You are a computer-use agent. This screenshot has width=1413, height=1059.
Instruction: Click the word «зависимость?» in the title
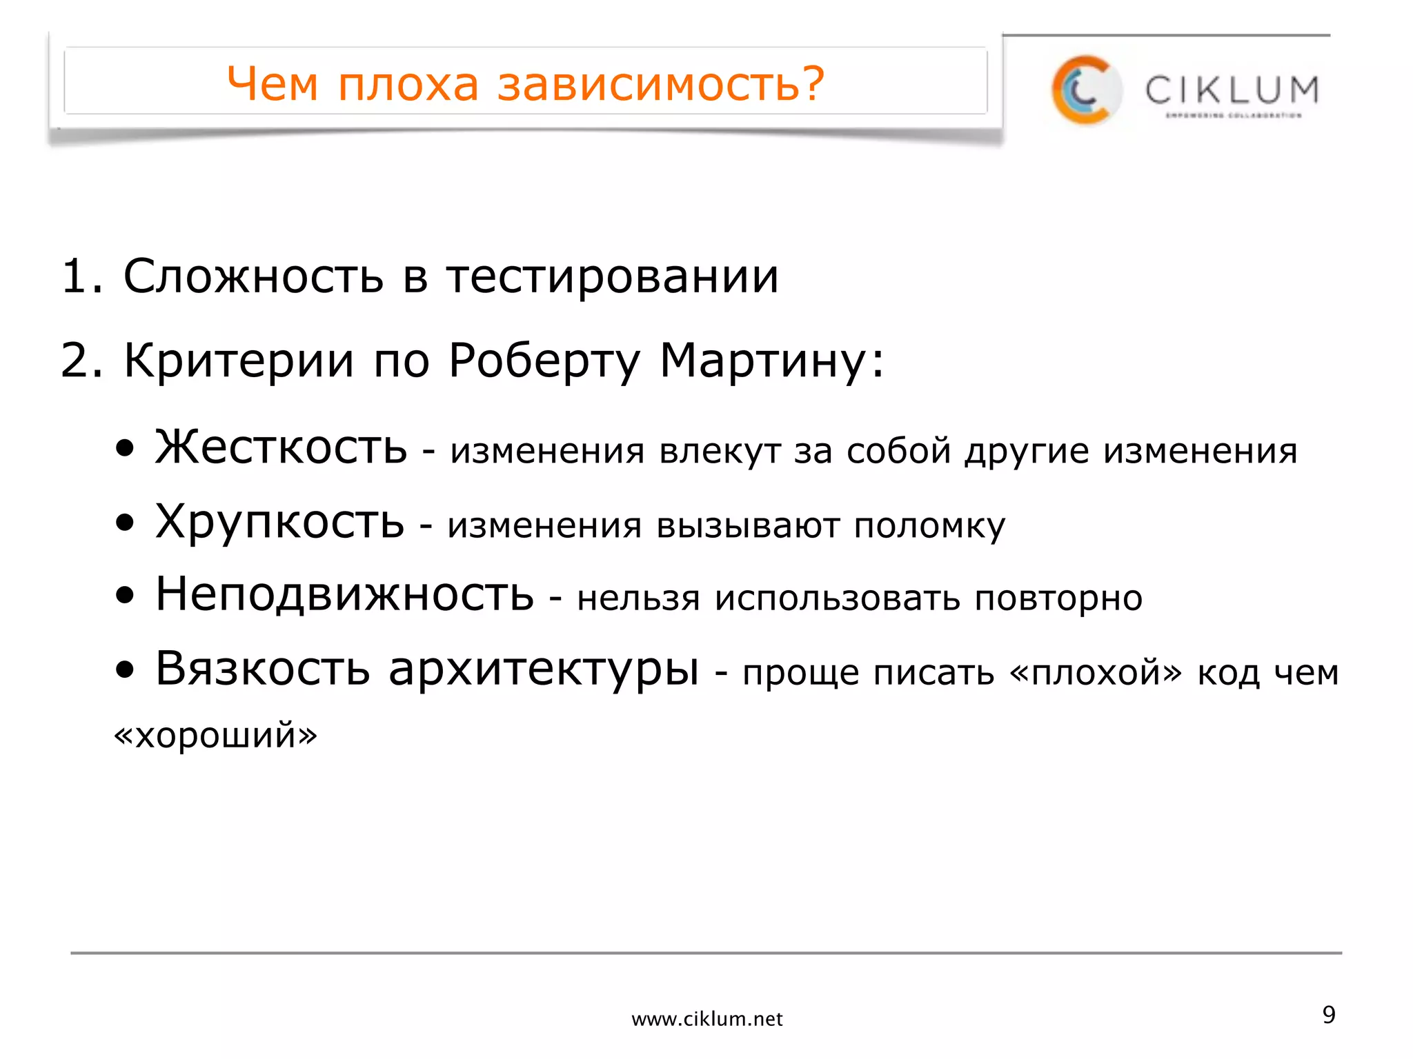(x=661, y=84)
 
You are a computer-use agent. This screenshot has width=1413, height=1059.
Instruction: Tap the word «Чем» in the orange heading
(x=273, y=84)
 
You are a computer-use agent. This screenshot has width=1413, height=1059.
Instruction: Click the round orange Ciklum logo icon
(x=1085, y=90)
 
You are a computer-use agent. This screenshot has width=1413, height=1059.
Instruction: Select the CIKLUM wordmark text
(x=1232, y=90)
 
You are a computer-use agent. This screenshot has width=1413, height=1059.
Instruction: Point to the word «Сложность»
(x=253, y=276)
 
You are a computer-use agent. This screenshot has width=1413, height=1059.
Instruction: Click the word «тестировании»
(x=613, y=276)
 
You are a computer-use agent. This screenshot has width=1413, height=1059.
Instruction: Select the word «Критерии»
(x=239, y=361)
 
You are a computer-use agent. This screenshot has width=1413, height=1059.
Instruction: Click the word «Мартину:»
(x=772, y=361)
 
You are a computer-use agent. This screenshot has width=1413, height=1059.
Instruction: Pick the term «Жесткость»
(x=281, y=448)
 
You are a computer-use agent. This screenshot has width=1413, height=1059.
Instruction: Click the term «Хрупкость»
(x=280, y=523)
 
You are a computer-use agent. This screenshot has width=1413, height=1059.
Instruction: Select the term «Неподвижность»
(x=345, y=594)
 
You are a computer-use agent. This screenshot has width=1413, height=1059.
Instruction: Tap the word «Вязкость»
(x=263, y=668)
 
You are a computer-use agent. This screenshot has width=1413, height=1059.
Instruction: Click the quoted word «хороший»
(x=215, y=735)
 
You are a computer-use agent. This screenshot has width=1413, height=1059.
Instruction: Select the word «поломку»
(x=929, y=526)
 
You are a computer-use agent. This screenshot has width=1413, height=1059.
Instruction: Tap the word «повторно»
(x=1058, y=598)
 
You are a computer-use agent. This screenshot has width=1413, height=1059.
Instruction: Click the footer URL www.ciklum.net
(x=706, y=1019)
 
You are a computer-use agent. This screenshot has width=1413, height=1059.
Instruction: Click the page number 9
(x=1329, y=1015)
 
